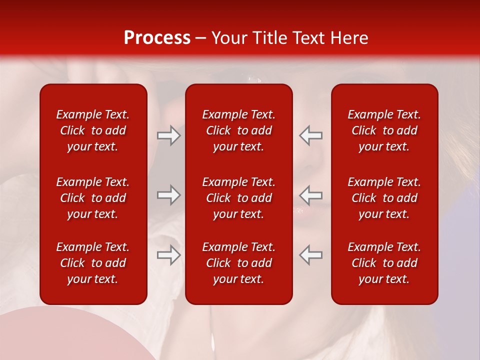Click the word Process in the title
coord(157,38)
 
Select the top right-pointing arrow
coord(168,135)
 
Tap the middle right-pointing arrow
coord(168,195)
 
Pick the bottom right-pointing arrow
coord(168,255)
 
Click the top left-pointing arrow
coord(310,135)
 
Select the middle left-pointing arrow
coord(310,195)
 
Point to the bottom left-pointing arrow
coord(310,255)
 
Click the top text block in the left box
coord(93,130)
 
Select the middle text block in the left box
coord(93,198)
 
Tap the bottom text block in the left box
coord(93,263)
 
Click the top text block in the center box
coord(238,130)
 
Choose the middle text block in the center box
coord(238,198)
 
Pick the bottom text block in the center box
coord(238,263)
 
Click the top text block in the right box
coord(384,130)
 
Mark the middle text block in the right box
coord(384,198)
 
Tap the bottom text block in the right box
coord(384,263)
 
